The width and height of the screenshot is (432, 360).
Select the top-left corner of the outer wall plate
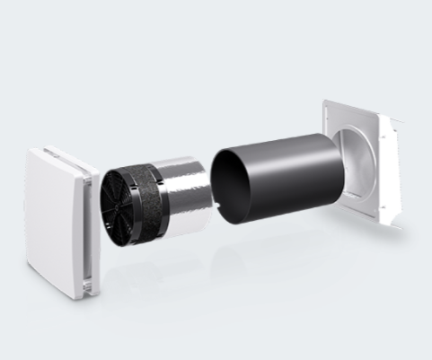click(325, 101)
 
